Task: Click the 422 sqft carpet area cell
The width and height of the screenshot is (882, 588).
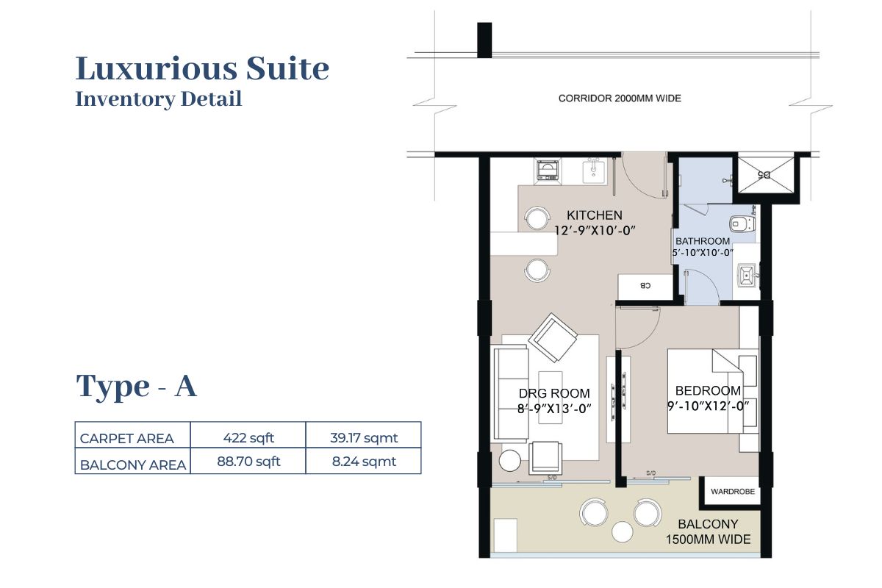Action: tap(248, 437)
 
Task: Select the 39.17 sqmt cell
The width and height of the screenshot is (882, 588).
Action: tap(364, 437)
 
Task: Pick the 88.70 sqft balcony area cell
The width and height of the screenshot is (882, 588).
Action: tap(248, 461)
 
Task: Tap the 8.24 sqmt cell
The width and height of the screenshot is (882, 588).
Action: tap(364, 461)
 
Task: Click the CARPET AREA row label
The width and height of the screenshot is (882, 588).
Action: tap(126, 439)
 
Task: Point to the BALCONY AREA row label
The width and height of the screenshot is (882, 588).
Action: tap(133, 465)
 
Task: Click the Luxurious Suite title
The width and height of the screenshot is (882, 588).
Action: tap(202, 69)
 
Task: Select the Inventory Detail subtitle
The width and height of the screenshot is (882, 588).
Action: tap(158, 99)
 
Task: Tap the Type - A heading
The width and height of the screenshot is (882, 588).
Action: tap(136, 386)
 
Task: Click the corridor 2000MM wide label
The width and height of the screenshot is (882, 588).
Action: tap(620, 98)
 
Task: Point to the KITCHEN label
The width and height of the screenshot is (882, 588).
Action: tap(595, 215)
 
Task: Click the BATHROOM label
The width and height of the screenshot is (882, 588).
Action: tap(703, 241)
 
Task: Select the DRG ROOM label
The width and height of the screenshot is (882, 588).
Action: tap(554, 393)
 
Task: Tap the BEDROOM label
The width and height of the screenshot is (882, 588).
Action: tap(708, 391)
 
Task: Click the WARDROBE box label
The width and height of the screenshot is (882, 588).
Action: tap(733, 492)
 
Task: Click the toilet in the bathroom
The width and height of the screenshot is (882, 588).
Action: tap(742, 223)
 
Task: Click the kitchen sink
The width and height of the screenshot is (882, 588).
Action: tap(594, 171)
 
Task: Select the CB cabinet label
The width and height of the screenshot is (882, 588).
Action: tap(645, 285)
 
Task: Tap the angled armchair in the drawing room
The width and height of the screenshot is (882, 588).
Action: tap(553, 337)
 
